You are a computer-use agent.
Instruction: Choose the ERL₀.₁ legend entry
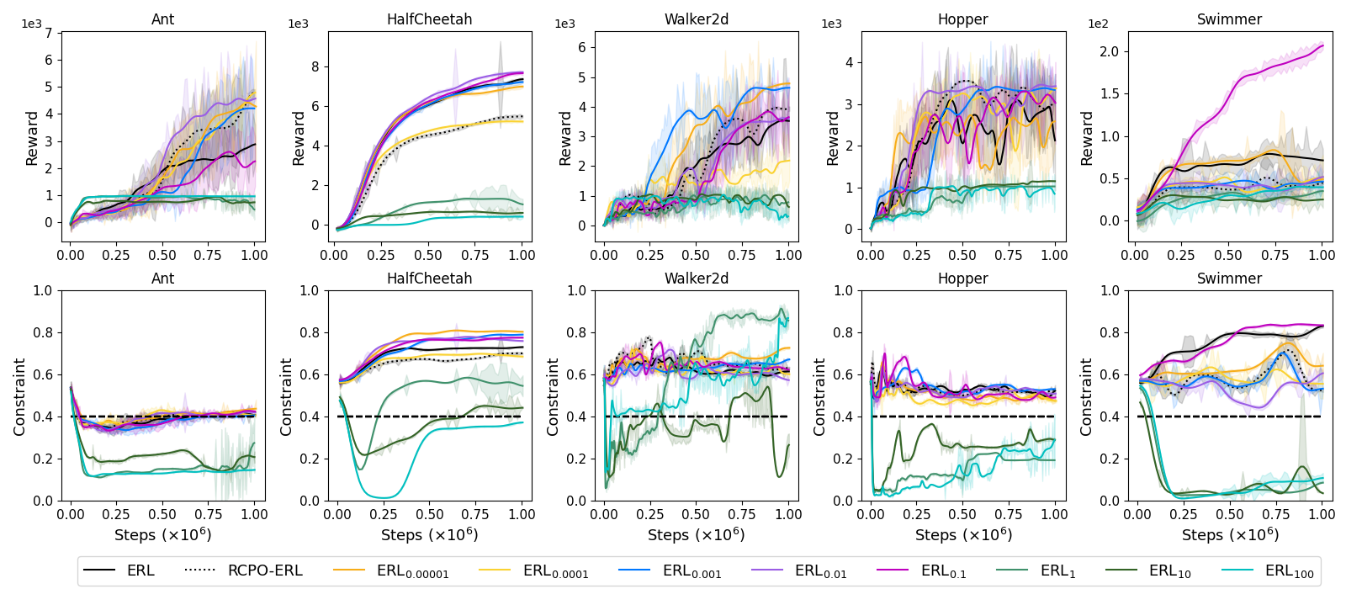tap(943, 570)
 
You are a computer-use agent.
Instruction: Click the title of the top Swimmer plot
tap(1229, 19)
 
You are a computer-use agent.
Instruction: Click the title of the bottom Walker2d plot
tap(697, 279)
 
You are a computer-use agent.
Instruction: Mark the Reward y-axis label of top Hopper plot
tap(833, 138)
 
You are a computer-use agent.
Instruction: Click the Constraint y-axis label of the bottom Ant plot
tap(19, 396)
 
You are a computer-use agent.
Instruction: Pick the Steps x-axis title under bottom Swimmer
tap(1229, 535)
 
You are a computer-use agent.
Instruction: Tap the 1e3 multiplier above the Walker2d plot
tap(565, 24)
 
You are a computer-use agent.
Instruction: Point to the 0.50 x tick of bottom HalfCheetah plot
tap(429, 514)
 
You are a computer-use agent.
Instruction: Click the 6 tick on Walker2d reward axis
tap(581, 47)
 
